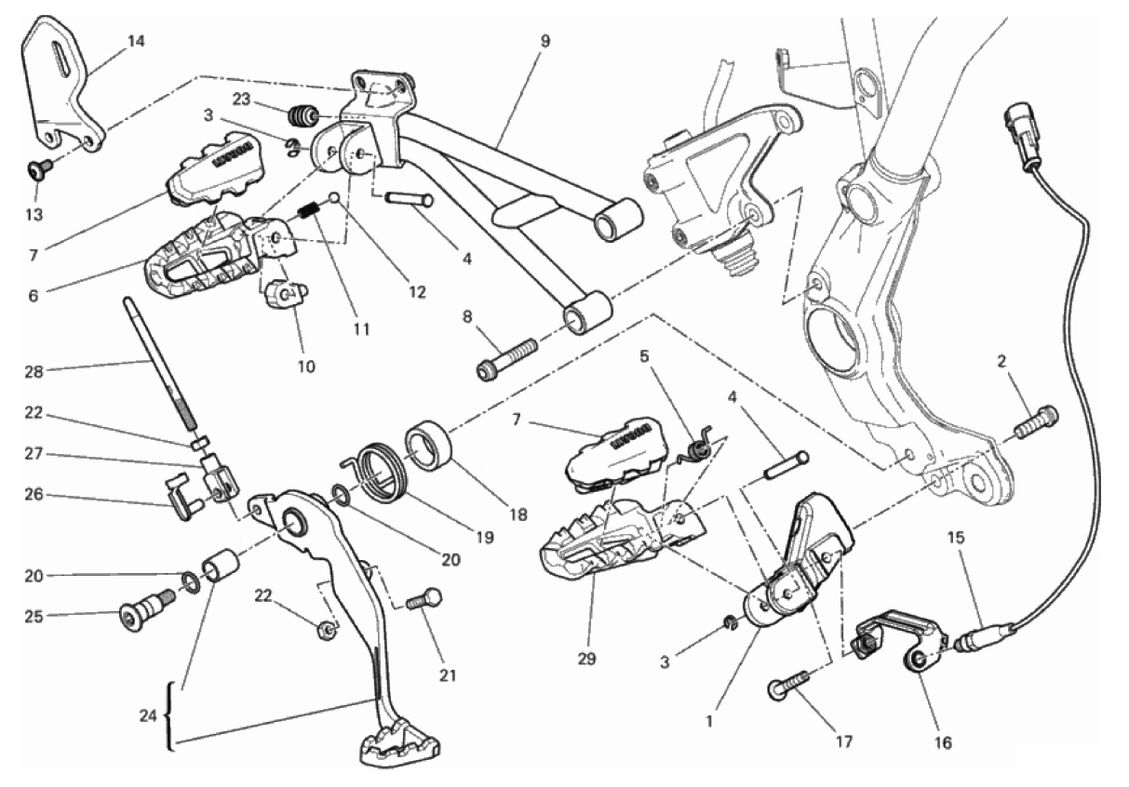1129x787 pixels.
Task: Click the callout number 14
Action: pos(136,40)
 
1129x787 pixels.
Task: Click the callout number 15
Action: pos(956,537)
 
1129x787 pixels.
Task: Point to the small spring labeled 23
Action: pos(302,115)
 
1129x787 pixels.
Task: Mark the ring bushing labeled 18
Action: pos(430,445)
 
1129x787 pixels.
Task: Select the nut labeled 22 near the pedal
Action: pos(326,629)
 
